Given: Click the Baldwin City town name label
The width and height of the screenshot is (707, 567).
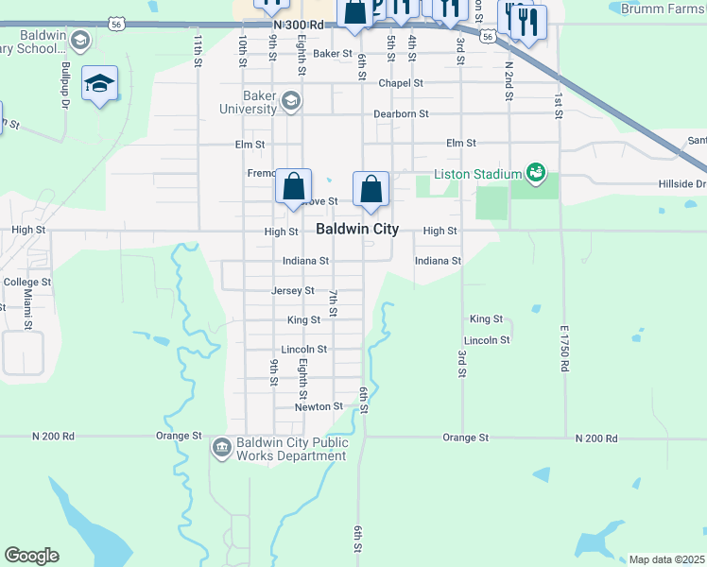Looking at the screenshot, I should pos(356,230).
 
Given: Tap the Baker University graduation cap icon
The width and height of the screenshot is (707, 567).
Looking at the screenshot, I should pos(290,99).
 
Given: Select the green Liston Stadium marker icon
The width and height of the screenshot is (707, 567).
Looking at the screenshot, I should pos(537,173).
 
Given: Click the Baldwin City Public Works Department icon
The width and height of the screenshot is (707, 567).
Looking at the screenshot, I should pos(221,446).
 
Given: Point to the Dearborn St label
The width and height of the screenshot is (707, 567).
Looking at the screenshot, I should pos(401,113).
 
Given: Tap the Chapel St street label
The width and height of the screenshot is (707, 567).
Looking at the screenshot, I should pos(401,83).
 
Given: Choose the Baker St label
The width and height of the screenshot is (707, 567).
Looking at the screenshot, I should pos(334,54).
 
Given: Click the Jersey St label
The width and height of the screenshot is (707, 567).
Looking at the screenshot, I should pos(292,290).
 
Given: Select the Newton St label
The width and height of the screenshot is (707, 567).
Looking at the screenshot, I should pos(319,406).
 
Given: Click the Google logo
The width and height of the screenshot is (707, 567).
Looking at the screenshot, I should pos(31,556).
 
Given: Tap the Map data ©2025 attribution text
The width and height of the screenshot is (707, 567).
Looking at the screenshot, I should pos(666,559).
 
